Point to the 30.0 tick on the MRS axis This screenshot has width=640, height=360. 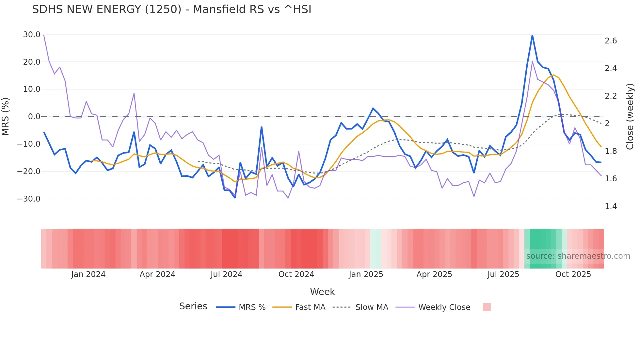pos(32,35)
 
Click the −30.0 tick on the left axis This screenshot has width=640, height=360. pos(29,199)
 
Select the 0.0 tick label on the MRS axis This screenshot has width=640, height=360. pos(34,117)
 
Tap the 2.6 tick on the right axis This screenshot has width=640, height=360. pos(611,41)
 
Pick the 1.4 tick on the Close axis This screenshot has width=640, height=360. pos(611,206)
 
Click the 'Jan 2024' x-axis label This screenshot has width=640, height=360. pos(88,274)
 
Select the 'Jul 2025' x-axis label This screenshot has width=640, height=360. pos(503,274)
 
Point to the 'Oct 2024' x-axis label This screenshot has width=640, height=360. pos(296,274)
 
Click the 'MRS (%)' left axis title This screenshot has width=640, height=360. pos(6,117)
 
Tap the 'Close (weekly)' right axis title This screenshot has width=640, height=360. pos(630,117)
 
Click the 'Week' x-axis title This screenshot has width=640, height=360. pos(322,292)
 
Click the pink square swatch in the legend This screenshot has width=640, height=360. pos(487,307)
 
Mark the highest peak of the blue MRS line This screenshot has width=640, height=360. pos(532,35)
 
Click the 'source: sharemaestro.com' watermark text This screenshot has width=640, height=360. pos(578,256)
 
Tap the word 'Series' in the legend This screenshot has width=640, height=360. pos(193,306)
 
